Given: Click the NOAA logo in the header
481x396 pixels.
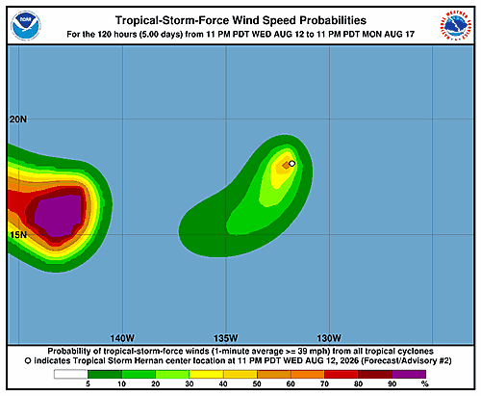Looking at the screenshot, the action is click(26, 25).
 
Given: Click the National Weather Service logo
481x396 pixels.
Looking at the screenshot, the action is click(456, 25).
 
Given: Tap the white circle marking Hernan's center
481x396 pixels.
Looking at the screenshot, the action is click(291, 164).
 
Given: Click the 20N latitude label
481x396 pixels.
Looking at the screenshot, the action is click(18, 119).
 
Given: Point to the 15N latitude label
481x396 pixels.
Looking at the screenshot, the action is click(18, 235).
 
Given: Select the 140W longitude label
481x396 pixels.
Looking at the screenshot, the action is click(122, 338).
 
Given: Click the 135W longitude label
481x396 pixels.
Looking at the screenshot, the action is click(226, 338).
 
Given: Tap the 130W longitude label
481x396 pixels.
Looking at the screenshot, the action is click(329, 338).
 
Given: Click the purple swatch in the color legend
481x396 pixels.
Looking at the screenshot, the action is click(409, 374).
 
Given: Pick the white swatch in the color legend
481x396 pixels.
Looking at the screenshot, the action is click(71, 374).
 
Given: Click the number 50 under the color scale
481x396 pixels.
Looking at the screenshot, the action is click(257, 383).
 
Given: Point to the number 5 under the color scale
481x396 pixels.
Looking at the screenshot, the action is click(88, 383).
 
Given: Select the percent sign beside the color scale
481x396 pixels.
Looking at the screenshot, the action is click(425, 383).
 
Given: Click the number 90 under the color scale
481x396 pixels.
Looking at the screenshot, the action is click(392, 383).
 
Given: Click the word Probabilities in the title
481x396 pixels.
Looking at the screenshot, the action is click(333, 20).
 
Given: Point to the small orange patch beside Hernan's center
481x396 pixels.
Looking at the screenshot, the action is click(286, 165).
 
